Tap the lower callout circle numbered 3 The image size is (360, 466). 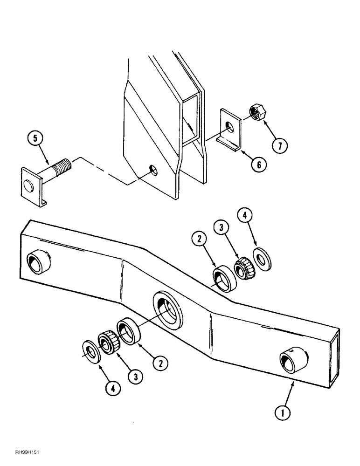click(x=135, y=377)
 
